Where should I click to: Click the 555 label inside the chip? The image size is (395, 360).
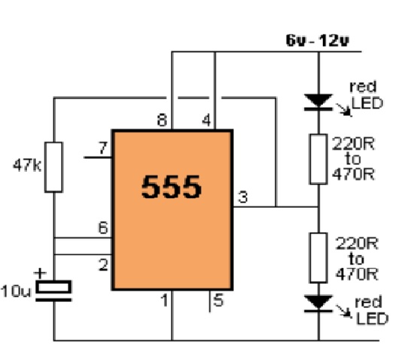pyautogui.click(x=172, y=187)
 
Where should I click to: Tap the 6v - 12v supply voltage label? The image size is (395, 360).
pyautogui.click(x=318, y=41)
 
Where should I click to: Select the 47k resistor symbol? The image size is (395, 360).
pyautogui.click(x=53, y=167)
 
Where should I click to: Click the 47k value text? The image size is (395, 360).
pyautogui.click(x=27, y=166)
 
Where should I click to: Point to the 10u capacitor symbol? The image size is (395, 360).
pyautogui.click(x=53, y=291)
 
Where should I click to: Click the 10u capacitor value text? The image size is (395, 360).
pyautogui.click(x=16, y=291)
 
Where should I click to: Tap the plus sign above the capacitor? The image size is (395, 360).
pyautogui.click(x=40, y=273)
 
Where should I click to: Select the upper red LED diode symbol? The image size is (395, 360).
pyautogui.click(x=318, y=102)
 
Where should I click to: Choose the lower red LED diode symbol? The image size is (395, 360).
pyautogui.click(x=318, y=304)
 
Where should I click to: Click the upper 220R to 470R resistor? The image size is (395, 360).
pyautogui.click(x=318, y=160)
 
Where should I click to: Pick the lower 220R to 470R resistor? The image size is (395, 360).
pyautogui.click(x=318, y=258)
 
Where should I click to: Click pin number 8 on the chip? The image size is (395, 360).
pyautogui.click(x=162, y=120)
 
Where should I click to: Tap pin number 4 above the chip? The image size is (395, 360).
pyautogui.click(x=206, y=120)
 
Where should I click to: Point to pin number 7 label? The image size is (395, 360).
pyautogui.click(x=103, y=148)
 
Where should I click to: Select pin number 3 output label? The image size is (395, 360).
pyautogui.click(x=243, y=197)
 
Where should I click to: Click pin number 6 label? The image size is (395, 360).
pyautogui.click(x=103, y=227)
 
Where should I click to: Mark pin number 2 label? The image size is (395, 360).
pyautogui.click(x=103, y=264)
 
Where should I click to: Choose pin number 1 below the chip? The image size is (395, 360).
pyautogui.click(x=165, y=301)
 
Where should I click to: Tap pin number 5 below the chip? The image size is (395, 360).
pyautogui.click(x=218, y=301)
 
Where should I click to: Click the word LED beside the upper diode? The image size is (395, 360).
pyautogui.click(x=367, y=103)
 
